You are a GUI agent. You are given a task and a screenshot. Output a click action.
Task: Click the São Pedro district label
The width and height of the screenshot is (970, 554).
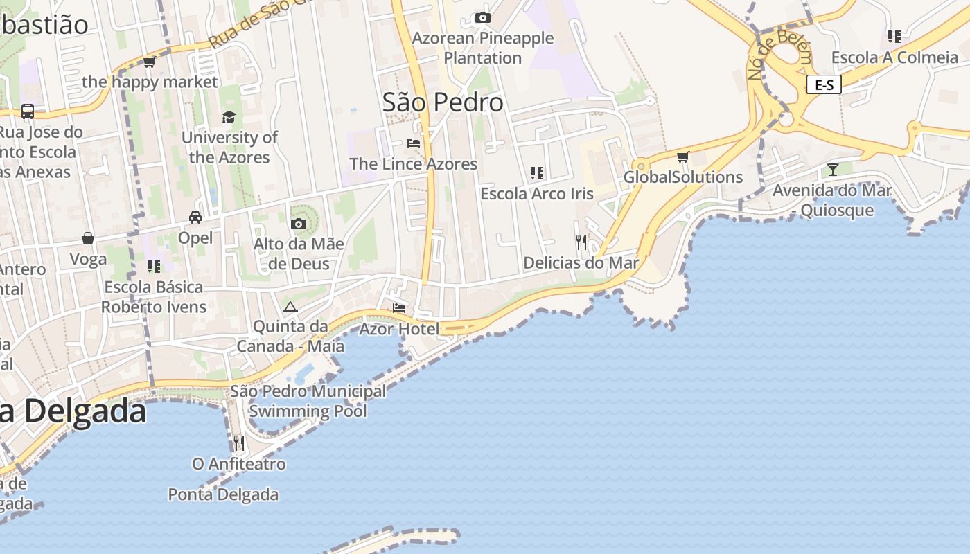443,102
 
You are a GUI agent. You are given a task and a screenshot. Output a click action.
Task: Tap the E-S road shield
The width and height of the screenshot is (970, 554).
824,85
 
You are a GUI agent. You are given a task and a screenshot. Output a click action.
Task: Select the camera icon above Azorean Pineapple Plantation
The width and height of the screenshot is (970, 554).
483,18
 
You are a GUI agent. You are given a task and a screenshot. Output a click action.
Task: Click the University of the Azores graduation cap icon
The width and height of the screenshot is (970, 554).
229,117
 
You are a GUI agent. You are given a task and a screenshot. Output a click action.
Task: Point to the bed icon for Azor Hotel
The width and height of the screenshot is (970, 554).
399,308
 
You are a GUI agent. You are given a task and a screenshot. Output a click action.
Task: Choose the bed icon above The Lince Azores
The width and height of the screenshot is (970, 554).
414,143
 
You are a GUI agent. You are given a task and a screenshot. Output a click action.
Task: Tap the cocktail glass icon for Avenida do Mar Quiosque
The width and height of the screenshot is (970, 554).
832,169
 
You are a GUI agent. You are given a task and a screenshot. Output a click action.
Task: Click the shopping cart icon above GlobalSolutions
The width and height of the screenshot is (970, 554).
683,157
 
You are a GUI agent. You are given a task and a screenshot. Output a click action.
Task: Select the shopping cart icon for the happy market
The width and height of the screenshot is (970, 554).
149,62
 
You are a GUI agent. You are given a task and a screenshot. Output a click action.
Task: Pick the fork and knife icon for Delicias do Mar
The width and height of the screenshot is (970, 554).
581,242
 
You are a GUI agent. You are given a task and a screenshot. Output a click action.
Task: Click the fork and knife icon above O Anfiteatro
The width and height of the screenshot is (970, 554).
238,443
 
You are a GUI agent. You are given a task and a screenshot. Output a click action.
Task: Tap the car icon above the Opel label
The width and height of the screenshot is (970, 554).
195,217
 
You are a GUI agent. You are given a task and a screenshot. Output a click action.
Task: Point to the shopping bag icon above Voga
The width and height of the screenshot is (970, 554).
88,238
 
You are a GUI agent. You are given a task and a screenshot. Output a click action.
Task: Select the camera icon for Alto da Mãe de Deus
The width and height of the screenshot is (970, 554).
299,224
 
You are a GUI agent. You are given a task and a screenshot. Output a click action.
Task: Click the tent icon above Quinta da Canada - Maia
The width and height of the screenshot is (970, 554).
290,307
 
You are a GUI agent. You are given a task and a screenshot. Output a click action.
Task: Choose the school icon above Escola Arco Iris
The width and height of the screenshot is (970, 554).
537,172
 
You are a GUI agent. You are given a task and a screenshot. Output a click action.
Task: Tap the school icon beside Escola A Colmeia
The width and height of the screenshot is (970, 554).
894,37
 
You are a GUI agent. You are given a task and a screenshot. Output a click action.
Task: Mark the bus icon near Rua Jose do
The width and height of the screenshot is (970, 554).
28,111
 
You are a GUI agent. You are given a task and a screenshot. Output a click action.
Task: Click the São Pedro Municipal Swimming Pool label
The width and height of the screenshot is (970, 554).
308,401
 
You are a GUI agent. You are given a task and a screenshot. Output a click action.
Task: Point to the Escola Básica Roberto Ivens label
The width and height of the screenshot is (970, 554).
154,296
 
